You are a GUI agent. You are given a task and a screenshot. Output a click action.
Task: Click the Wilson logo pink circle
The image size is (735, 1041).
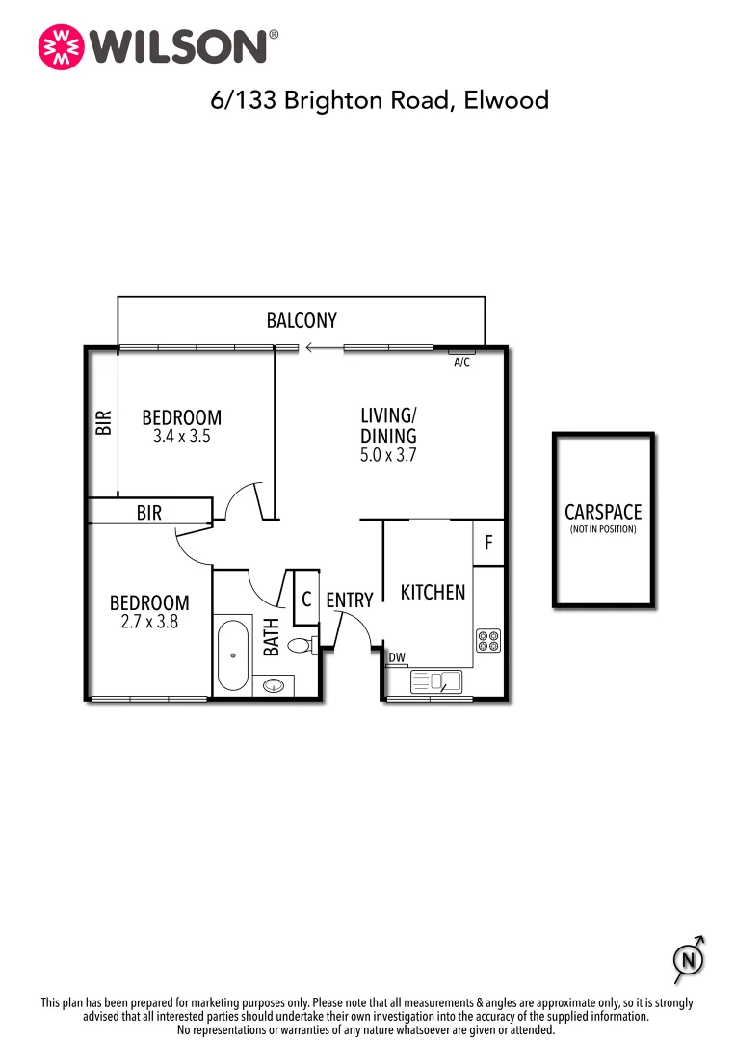pyautogui.click(x=60, y=46)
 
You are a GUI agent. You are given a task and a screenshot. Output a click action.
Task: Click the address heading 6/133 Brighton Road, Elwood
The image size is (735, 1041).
pyautogui.click(x=380, y=99)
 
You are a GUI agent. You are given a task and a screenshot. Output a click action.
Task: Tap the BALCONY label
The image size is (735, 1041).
pyautogui.click(x=302, y=321)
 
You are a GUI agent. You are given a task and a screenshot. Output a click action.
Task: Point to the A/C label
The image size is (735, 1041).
pyautogui.click(x=461, y=362)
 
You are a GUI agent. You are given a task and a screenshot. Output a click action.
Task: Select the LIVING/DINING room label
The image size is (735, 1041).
pyautogui.click(x=388, y=426)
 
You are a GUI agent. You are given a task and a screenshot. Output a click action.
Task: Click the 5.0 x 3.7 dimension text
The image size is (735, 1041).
pyautogui.click(x=388, y=456)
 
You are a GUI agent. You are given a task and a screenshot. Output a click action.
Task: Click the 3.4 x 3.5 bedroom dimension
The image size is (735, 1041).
pyautogui.click(x=181, y=436)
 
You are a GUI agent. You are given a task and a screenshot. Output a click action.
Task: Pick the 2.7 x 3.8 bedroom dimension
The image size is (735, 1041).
pyautogui.click(x=149, y=622)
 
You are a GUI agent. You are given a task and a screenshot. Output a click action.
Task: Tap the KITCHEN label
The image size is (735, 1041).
pyautogui.click(x=433, y=592)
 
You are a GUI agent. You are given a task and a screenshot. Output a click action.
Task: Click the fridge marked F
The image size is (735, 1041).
pyautogui.click(x=488, y=544)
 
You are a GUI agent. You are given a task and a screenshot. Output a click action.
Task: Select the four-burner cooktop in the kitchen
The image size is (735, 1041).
pyautogui.click(x=488, y=641)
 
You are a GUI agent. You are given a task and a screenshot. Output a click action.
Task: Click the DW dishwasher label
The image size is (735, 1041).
pyautogui.click(x=396, y=658)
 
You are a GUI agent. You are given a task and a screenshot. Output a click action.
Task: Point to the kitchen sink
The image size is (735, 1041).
pyautogui.click(x=436, y=682)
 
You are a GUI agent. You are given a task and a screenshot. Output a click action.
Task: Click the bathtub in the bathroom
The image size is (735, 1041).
pyautogui.click(x=232, y=655)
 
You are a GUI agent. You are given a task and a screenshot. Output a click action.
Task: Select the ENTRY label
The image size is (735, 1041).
pyautogui.click(x=349, y=600)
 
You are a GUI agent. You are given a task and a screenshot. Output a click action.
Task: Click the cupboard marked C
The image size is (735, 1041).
pyautogui.click(x=305, y=599)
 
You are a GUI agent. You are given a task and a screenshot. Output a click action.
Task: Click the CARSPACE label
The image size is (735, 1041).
pyautogui.click(x=603, y=513)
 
